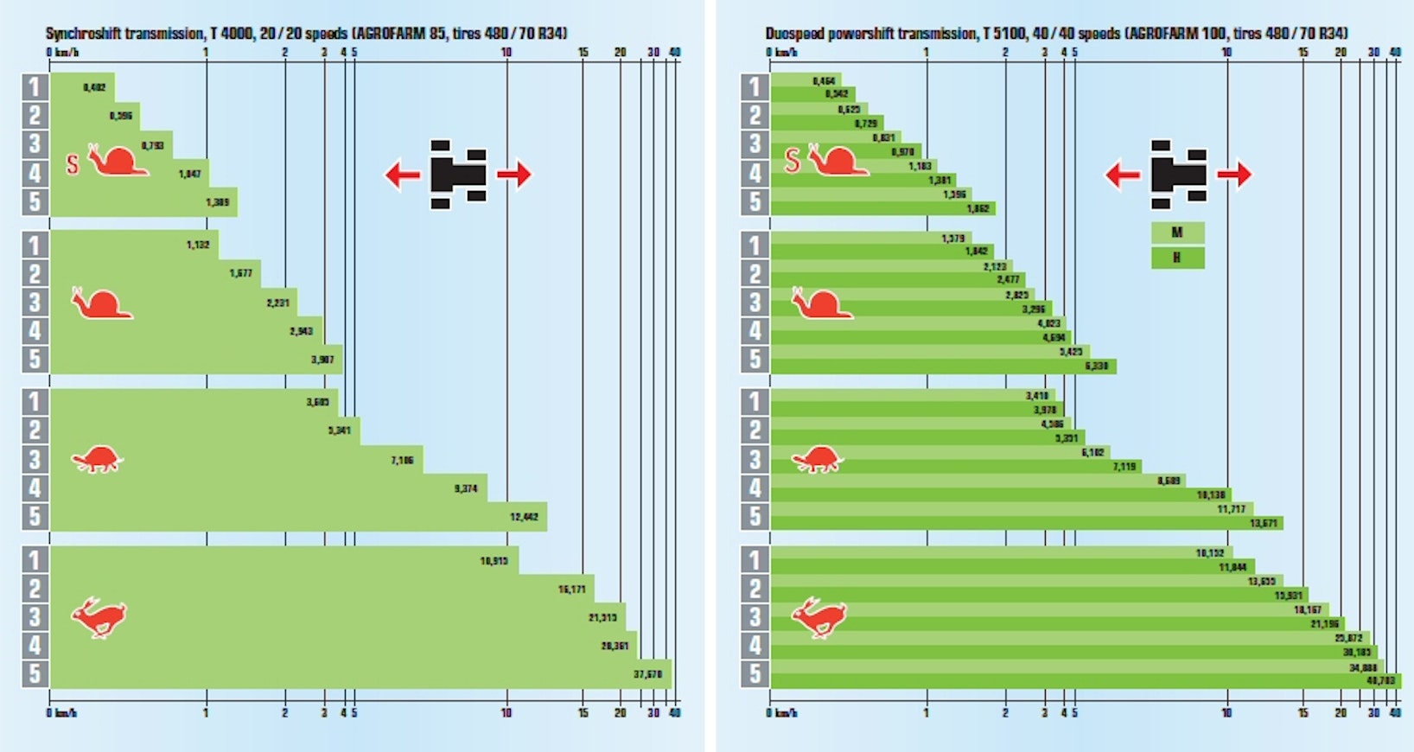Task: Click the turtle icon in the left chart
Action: pos(97,459)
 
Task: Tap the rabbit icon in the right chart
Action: pos(818,617)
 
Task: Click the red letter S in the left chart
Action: pos(73,163)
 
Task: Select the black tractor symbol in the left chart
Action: pos(458,175)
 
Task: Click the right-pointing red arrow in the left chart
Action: pos(514,175)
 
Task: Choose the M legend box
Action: pos(1177,233)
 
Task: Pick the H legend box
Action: pos(1177,258)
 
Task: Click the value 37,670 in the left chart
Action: pos(647,674)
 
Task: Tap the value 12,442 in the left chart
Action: pos(524,517)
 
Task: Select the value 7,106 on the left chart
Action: pos(402,461)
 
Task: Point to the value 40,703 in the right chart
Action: pos(1380,680)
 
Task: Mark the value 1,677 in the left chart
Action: pos(241,273)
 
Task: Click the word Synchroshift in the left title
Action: pos(82,34)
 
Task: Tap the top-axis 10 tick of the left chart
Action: pos(506,53)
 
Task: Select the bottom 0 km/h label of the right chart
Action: pos(782,713)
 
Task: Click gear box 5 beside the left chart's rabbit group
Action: pos(35,673)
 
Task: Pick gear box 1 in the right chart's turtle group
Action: pos(755,402)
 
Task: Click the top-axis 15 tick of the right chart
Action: pos(1303,53)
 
